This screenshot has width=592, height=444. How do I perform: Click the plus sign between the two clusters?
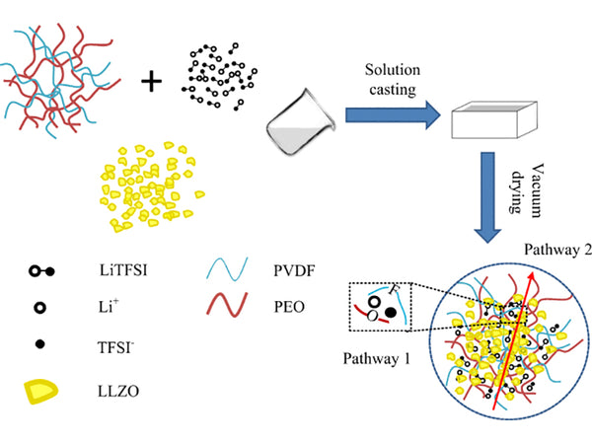151,81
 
